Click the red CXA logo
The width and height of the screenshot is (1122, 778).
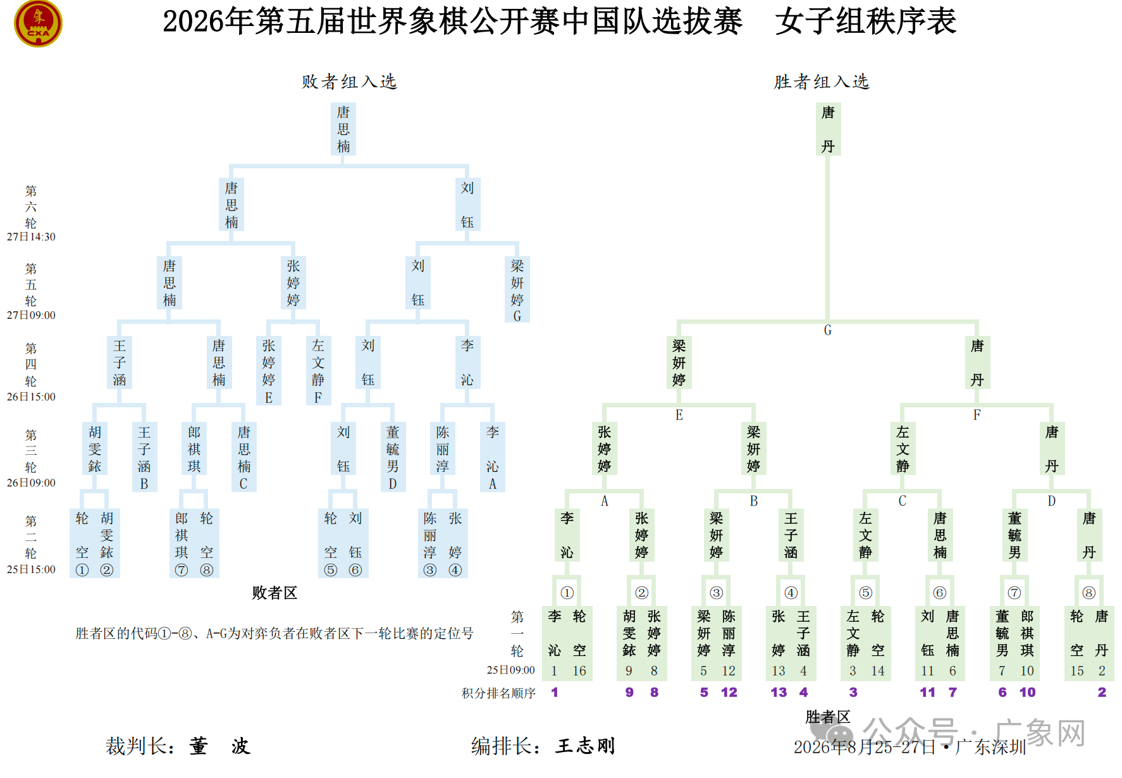[38, 23]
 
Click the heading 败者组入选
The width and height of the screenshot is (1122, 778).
[349, 82]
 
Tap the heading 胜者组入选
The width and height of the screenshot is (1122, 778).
[822, 82]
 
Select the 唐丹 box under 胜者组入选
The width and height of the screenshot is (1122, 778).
[828, 129]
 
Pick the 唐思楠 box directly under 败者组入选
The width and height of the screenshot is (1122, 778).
[343, 129]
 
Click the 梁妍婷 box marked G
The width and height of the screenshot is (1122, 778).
[517, 290]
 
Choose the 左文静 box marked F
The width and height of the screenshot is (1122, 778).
[318, 371]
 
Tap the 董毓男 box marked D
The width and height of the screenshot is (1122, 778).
[393, 457]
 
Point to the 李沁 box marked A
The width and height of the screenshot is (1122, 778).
[493, 457]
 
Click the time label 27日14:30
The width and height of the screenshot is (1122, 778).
[31, 237]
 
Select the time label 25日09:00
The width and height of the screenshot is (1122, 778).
[510, 670]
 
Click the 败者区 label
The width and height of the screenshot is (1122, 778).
[274, 593]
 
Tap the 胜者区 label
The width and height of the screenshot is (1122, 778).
[828, 717]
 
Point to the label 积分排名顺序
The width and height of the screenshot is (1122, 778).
[498, 693]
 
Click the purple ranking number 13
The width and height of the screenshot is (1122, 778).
[779, 693]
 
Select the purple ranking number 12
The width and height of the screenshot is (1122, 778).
[729, 693]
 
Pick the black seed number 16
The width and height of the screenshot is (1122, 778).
[579, 670]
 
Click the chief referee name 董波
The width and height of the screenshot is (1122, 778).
[219, 746]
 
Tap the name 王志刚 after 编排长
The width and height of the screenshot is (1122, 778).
[585, 746]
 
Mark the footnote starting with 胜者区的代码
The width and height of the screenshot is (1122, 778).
[274, 633]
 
